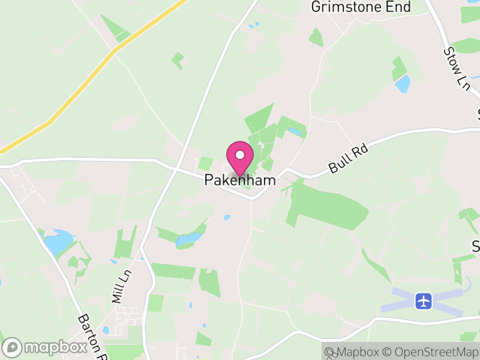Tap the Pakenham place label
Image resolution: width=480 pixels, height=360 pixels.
(240, 180)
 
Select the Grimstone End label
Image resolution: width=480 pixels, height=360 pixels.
(361, 7)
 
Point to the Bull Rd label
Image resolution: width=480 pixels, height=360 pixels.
(347, 160)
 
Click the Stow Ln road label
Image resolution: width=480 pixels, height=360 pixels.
(457, 69)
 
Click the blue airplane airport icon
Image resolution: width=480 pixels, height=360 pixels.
(424, 300)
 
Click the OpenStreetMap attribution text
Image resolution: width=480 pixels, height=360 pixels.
(430, 352)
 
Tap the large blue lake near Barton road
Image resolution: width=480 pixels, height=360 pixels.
(59, 241)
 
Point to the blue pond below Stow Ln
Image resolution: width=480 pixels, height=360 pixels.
(403, 83)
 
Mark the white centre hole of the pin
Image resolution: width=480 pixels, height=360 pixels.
(240, 154)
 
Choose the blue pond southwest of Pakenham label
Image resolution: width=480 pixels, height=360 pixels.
(189, 239)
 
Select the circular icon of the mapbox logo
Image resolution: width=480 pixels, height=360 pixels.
(13, 347)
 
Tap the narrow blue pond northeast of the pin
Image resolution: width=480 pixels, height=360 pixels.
(295, 130)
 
